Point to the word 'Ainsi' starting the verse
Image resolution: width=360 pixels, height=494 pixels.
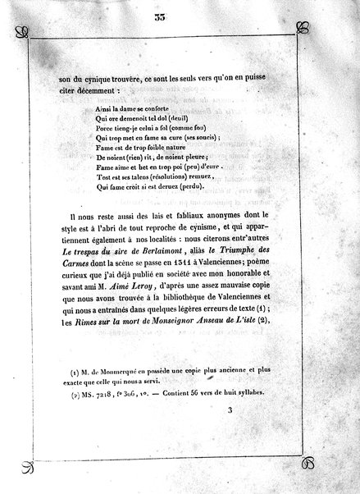(x=84, y=107)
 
